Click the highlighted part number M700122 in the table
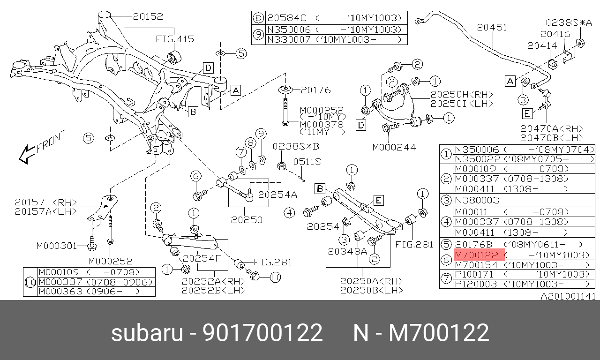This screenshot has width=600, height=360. (477, 255)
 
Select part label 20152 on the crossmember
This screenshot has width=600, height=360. (148, 16)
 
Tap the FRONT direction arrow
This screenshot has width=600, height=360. (26, 154)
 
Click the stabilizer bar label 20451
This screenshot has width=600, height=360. (492, 27)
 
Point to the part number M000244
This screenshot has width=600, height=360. (394, 147)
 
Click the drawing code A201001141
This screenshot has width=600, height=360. (568, 296)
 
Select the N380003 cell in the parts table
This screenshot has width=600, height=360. (477, 200)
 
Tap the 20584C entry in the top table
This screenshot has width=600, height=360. (286, 18)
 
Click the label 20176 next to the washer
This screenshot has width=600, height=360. (315, 90)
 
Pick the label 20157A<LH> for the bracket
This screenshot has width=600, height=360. (46, 211)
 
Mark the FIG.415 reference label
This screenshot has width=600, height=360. (175, 39)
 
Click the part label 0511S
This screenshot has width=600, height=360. (307, 162)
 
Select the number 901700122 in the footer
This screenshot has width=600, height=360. (262, 332)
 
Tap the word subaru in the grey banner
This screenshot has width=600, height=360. (147, 332)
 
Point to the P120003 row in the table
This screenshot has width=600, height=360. (476, 284)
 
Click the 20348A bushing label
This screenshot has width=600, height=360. (347, 251)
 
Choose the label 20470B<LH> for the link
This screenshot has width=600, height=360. (552, 138)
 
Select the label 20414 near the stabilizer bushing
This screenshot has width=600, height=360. (542, 46)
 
